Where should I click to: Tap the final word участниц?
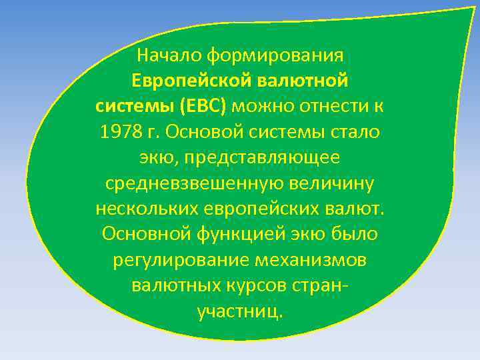[240, 311]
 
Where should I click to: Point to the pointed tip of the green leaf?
[475, 8]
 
